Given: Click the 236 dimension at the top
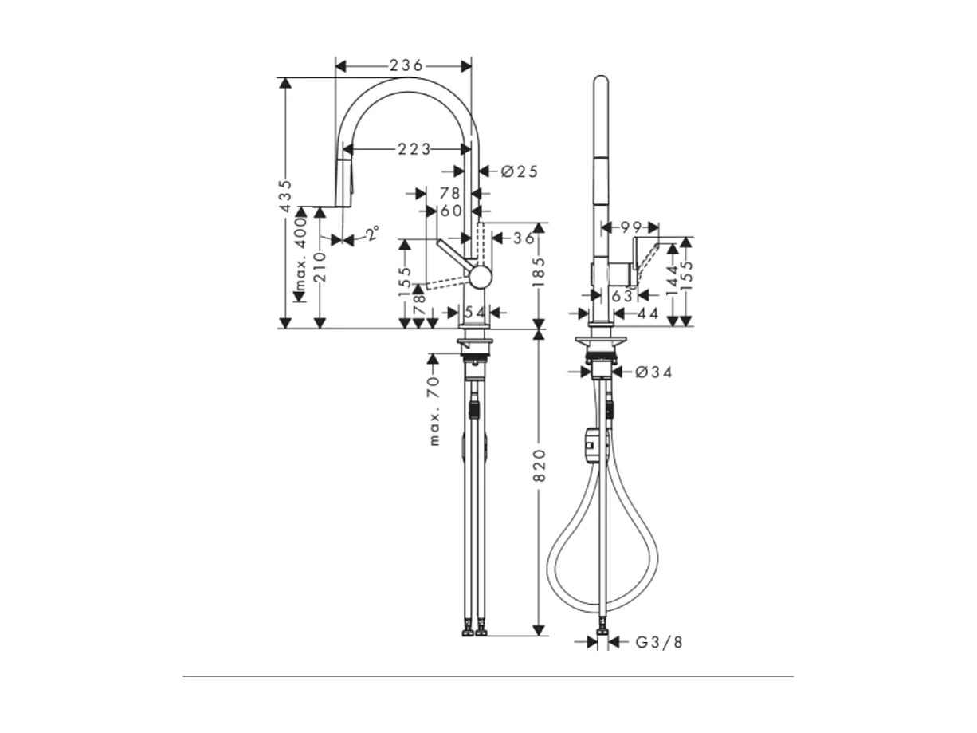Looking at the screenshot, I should tap(406, 65).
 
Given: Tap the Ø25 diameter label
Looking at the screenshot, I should tap(519, 171).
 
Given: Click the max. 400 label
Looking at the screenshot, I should tap(300, 255).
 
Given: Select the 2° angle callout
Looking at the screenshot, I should tap(371, 234).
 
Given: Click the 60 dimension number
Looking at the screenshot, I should tap(451, 211).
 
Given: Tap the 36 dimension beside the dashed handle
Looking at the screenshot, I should tap(523, 238).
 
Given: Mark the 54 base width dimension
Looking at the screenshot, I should tap(475, 312).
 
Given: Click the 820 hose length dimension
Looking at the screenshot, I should tap(540, 464).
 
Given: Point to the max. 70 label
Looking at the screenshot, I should tap(434, 412).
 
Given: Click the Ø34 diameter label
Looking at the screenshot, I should tap(653, 372).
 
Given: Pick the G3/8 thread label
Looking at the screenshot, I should tap(659, 642).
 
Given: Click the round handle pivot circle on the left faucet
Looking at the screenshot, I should tap(480, 277).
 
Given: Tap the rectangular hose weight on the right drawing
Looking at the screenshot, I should tap(591, 444).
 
